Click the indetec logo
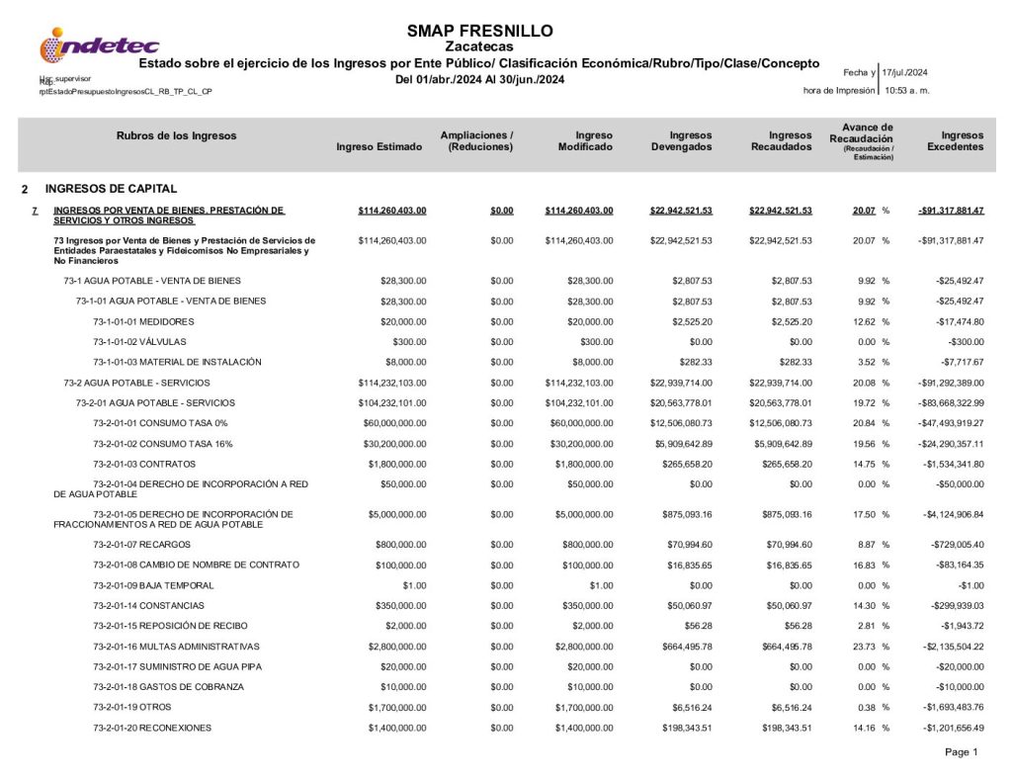[98, 45]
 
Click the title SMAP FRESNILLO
[479, 31]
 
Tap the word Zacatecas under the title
[479, 46]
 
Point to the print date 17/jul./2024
[904, 72]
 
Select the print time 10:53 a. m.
[907, 91]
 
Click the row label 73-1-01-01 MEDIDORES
[143, 322]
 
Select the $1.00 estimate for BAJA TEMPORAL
[411, 585]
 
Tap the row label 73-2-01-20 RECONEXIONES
[152, 728]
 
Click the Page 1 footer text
[961, 752]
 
